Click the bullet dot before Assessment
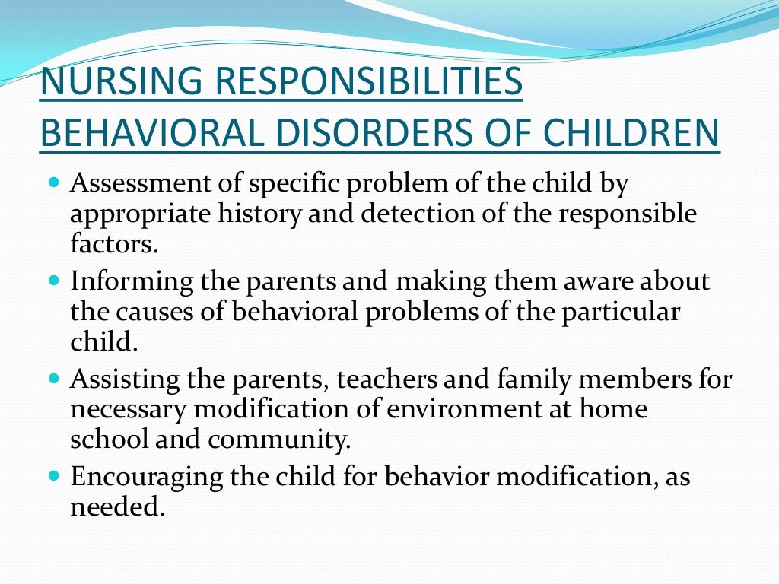(x=53, y=183)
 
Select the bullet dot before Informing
(x=53, y=281)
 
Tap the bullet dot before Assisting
(x=53, y=378)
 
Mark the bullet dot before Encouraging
(x=53, y=475)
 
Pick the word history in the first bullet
(x=256, y=214)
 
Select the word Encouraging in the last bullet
(x=144, y=477)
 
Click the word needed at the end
(x=116, y=506)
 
